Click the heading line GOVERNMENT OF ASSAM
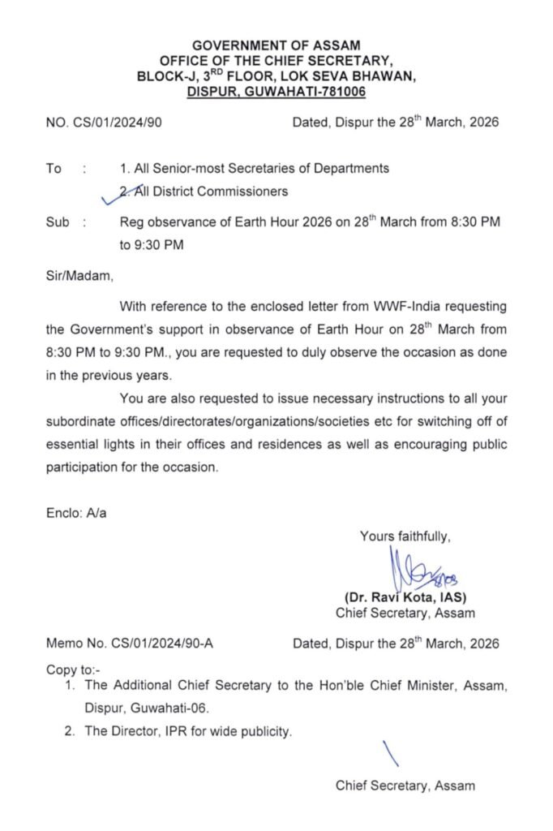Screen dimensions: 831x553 [276, 46]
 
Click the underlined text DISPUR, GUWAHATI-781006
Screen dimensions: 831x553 [276, 93]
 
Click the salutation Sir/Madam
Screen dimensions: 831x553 [79, 276]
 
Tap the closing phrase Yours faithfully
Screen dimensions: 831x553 [405, 536]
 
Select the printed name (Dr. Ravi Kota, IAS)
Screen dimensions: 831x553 [405, 597]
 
